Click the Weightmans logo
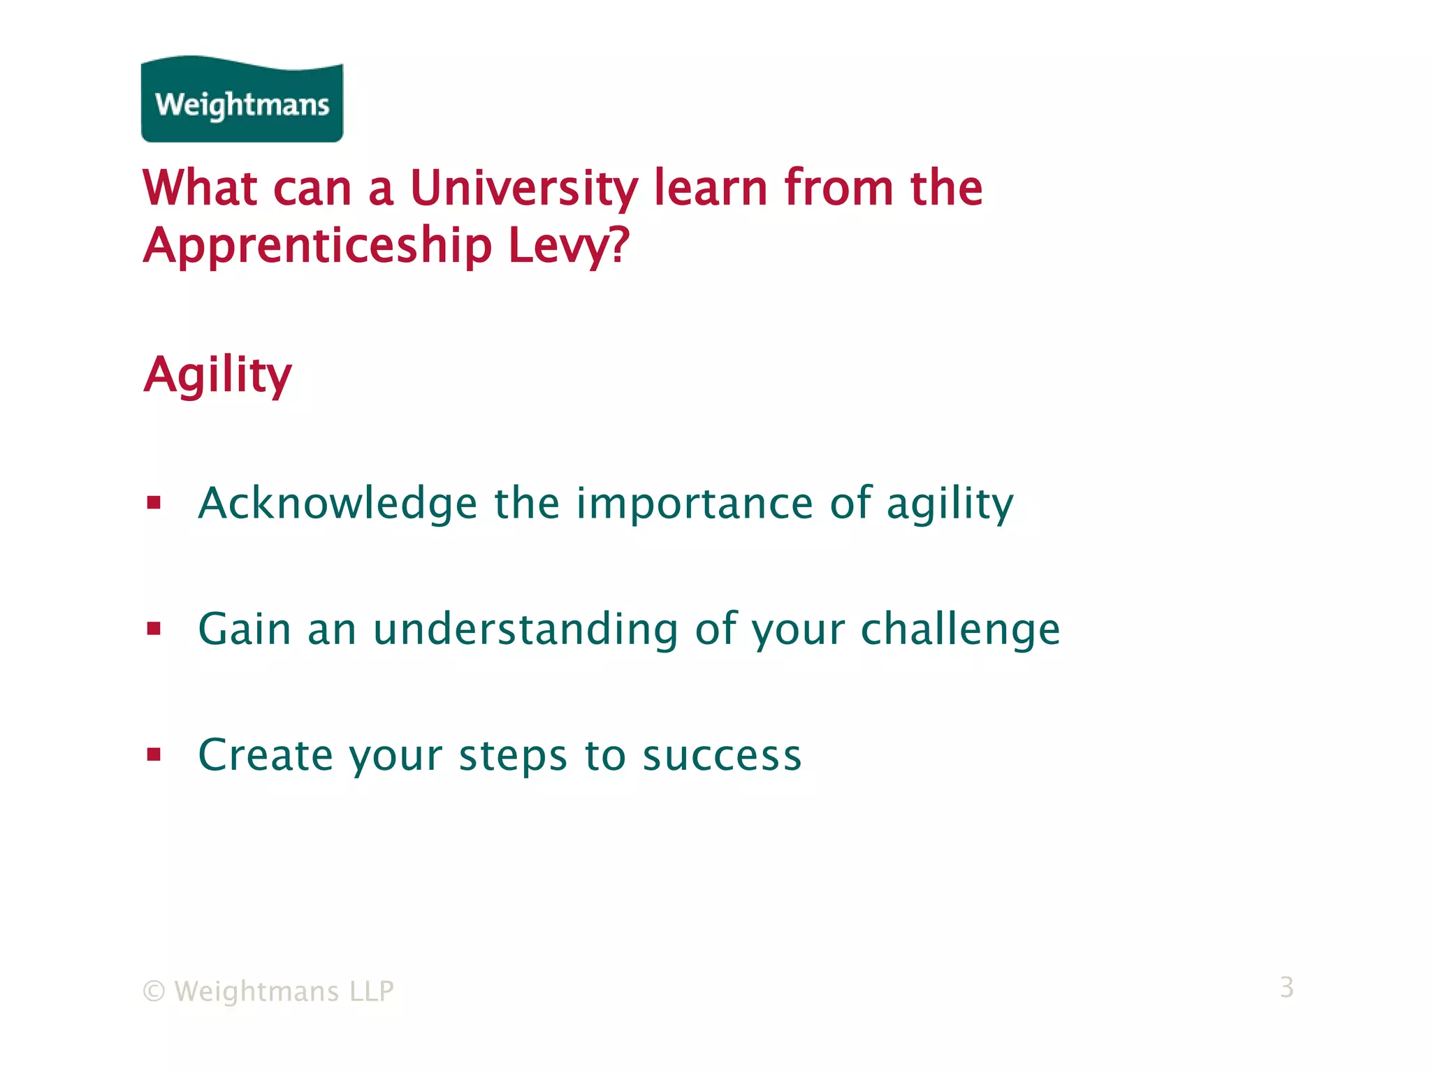click(242, 100)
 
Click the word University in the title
click(523, 189)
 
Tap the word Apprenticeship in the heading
click(318, 246)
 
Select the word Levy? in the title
click(569, 246)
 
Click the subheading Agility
click(217, 375)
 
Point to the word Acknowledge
click(337, 504)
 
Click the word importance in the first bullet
click(695, 504)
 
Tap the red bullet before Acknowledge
click(154, 503)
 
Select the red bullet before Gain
click(154, 629)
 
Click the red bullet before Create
click(154, 754)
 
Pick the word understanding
click(525, 629)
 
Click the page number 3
click(1286, 987)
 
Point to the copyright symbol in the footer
click(154, 991)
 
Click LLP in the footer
click(372, 991)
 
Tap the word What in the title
click(201, 189)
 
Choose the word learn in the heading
click(711, 189)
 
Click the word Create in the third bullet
click(266, 756)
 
